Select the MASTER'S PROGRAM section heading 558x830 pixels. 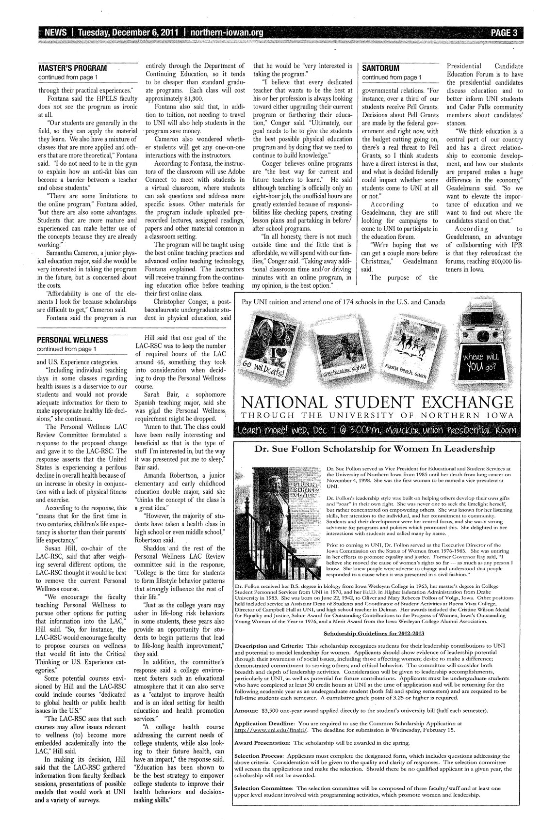pos(72,68)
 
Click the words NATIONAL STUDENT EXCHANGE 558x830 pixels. pos(373,403)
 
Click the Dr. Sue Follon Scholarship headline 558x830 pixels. pos(375,449)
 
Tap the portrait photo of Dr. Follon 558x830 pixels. pos(279,523)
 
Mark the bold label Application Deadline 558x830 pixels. pos(265,723)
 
